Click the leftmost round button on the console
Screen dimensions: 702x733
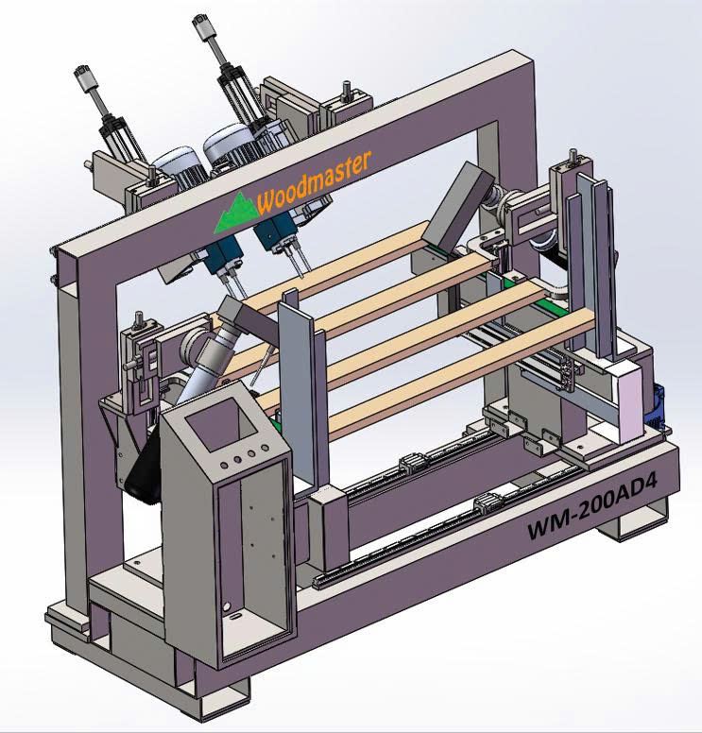(224, 465)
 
